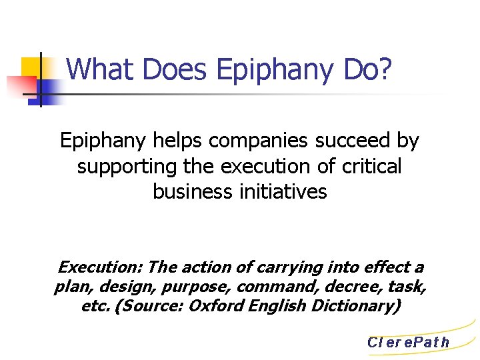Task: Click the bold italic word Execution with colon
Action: coord(100,267)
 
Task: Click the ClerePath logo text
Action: coord(408,343)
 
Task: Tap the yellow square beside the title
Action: coord(34,67)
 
